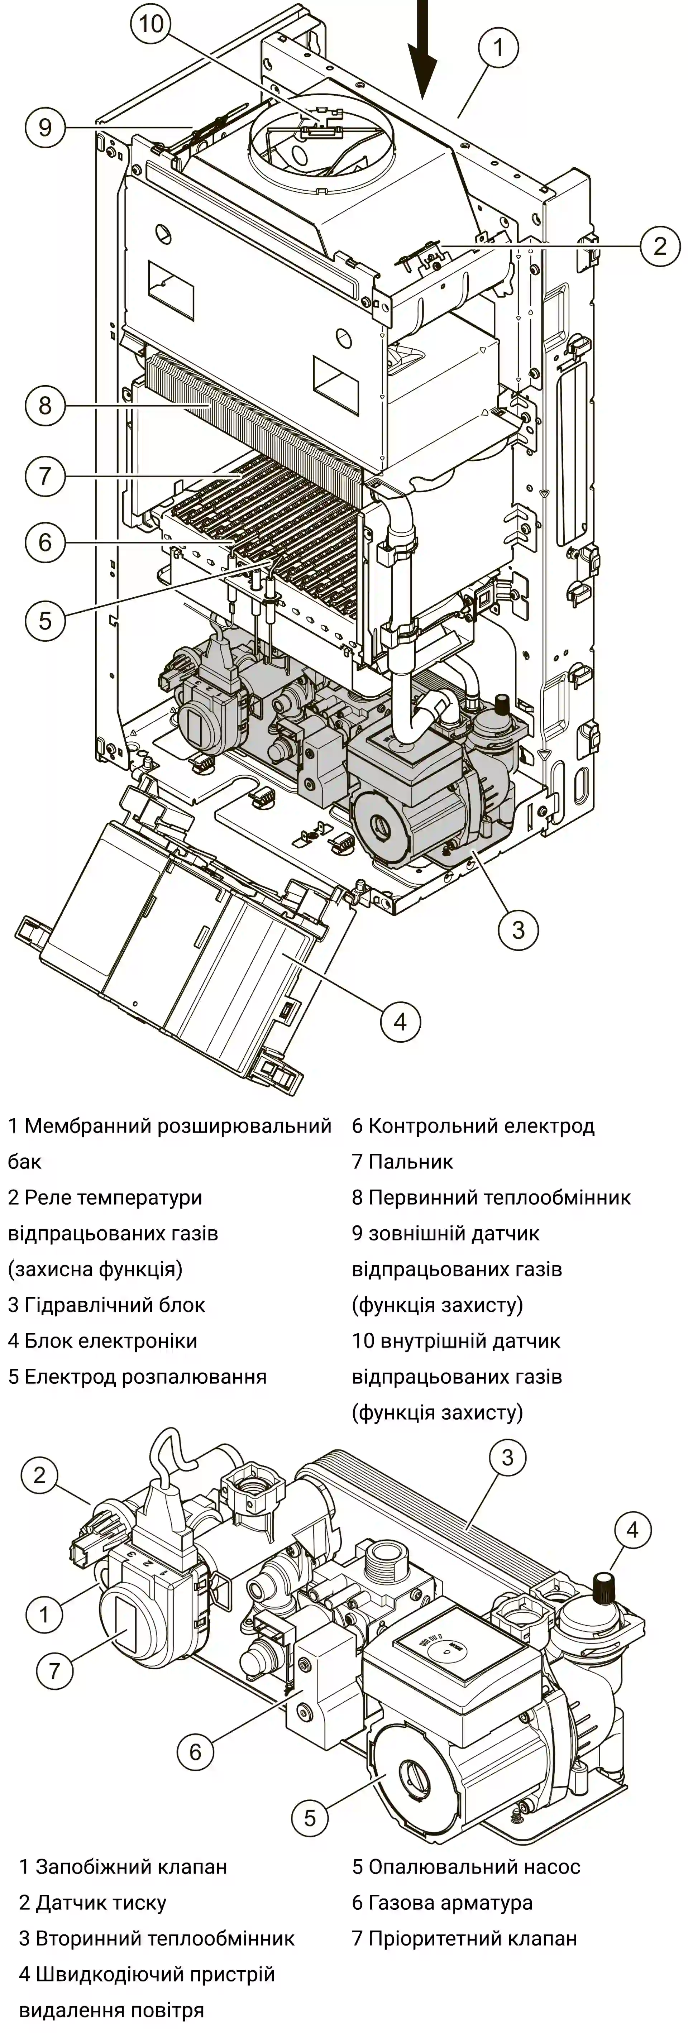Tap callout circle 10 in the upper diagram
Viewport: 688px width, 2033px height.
pyautogui.click(x=152, y=24)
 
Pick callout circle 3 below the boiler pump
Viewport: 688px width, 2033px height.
pyautogui.click(x=517, y=929)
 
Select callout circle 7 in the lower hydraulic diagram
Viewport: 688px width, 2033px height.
pyautogui.click(x=54, y=1670)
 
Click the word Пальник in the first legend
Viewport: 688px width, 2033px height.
pyautogui.click(x=410, y=1162)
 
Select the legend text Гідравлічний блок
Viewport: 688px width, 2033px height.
pyautogui.click(x=114, y=1305)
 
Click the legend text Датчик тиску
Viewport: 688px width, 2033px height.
pyautogui.click(x=101, y=1903)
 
